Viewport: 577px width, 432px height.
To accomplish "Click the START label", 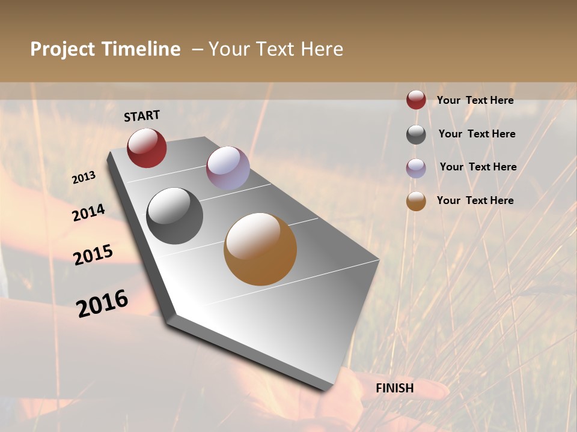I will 142,116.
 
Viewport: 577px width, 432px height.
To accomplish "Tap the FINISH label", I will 395,388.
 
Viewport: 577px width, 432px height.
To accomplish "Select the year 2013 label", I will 84,178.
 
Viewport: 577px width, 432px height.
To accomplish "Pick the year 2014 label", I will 89,213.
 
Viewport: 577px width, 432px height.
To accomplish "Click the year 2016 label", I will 102,304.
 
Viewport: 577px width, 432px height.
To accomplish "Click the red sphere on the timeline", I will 147,148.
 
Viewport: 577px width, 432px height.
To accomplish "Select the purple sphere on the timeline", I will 228,168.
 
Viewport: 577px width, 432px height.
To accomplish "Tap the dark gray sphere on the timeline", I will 175,216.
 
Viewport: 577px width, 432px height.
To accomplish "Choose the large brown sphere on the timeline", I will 260,249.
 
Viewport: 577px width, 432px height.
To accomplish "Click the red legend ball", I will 416,100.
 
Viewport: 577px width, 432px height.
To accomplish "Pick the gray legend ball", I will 416,134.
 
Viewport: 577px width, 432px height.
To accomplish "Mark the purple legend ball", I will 416,168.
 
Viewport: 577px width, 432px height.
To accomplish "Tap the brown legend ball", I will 416,201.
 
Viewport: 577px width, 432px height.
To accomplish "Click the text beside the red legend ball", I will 475,100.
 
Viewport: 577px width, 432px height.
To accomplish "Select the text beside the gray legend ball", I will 477,134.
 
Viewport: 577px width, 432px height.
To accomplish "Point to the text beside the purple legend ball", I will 478,167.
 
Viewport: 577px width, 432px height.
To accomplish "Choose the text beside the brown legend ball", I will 475,200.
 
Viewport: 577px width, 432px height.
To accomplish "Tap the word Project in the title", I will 63,49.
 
